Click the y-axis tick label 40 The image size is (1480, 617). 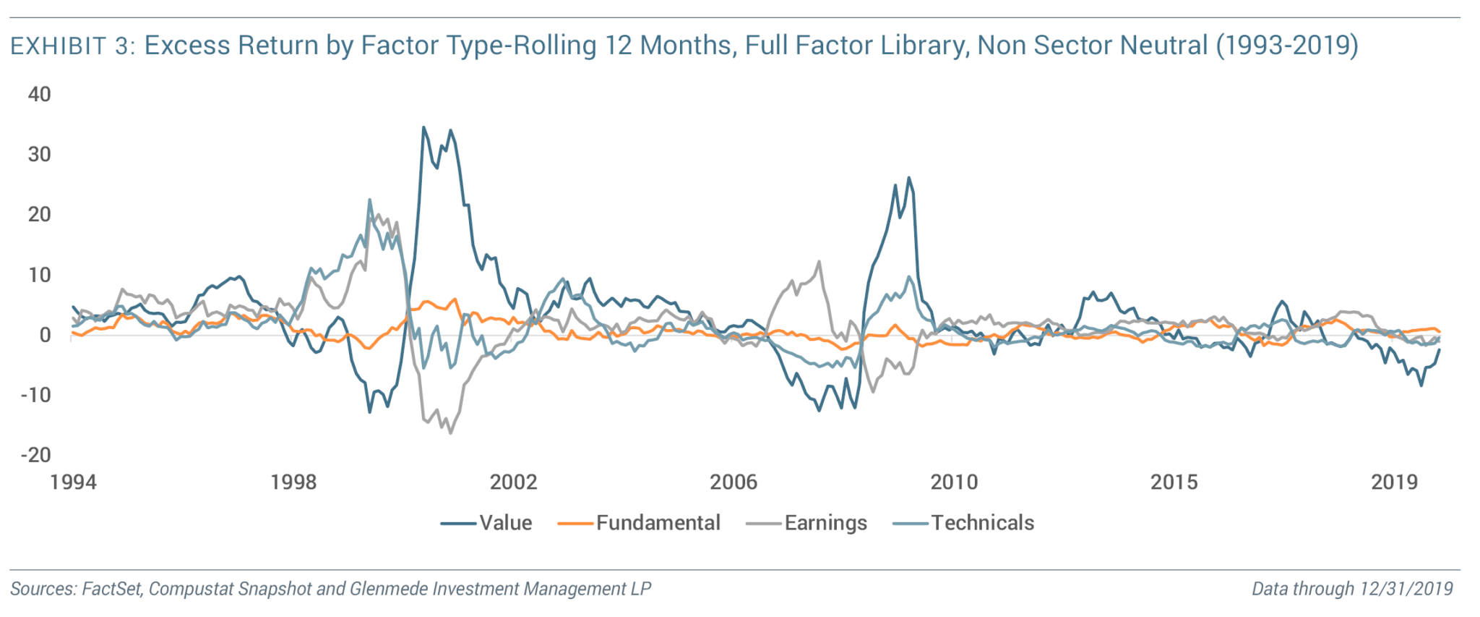pyautogui.click(x=40, y=95)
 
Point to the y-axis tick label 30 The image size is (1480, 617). pyautogui.click(x=40, y=155)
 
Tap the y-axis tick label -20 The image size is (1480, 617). pyautogui.click(x=36, y=455)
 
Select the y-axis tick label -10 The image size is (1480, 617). pyautogui.click(x=36, y=395)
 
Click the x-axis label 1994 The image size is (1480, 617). pyautogui.click(x=73, y=482)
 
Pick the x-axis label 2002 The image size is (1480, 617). pyautogui.click(x=514, y=482)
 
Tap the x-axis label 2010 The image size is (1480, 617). pyautogui.click(x=954, y=482)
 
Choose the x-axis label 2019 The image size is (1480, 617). pyautogui.click(x=1395, y=482)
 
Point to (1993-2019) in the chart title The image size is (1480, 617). pyautogui.click(x=1287, y=46)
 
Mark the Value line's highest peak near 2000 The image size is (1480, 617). pyautogui.click(x=423, y=128)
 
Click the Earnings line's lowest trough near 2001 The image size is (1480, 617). pyautogui.click(x=451, y=433)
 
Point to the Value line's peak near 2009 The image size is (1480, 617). pyautogui.click(x=908, y=178)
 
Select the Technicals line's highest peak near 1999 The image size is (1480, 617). pyautogui.click(x=369, y=200)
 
